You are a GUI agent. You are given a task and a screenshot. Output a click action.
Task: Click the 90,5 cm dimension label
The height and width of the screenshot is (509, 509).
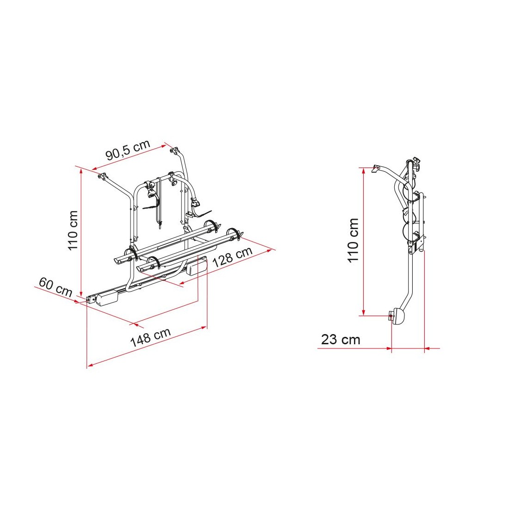pyautogui.click(x=128, y=150)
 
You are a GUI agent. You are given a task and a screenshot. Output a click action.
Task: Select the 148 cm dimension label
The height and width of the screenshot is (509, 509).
pyautogui.click(x=150, y=337)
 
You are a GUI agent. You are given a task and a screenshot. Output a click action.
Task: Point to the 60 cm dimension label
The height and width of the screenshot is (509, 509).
pyautogui.click(x=55, y=287)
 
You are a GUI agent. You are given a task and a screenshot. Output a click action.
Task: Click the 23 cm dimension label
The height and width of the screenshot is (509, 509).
pyautogui.click(x=341, y=340)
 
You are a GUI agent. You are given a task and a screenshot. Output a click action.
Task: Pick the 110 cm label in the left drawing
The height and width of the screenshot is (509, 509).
pyautogui.click(x=73, y=230)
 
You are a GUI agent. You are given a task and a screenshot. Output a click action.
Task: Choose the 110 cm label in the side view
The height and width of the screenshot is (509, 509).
pyautogui.click(x=353, y=240)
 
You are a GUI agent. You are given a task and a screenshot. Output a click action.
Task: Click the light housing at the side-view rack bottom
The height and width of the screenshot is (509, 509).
pyautogui.click(x=398, y=316)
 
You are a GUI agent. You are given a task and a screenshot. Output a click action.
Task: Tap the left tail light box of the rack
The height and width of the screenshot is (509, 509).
pyautogui.click(x=106, y=298)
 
